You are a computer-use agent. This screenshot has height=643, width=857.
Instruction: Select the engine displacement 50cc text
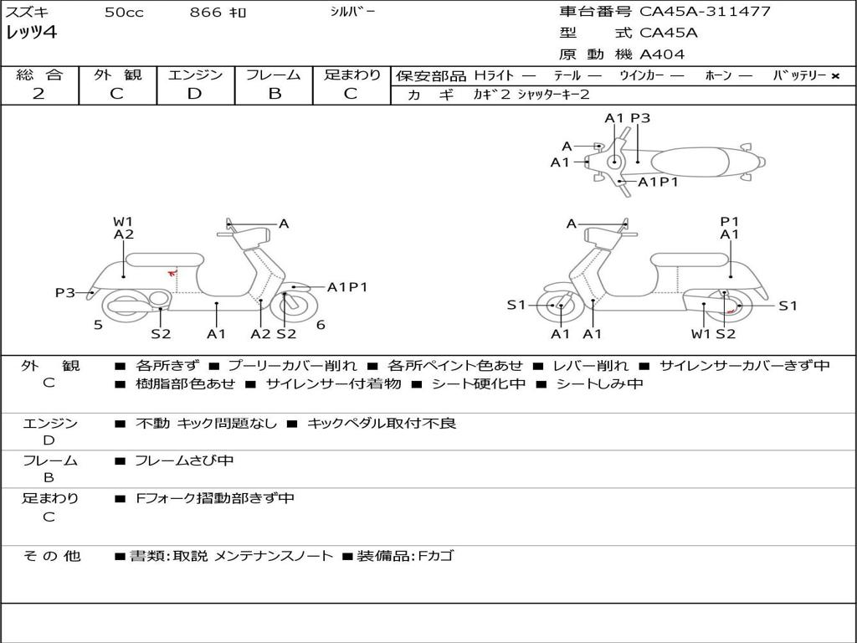pyautogui.click(x=124, y=13)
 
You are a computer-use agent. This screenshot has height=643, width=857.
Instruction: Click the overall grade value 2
pyautogui.click(x=38, y=94)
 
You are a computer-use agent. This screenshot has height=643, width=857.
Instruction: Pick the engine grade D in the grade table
pyautogui.click(x=194, y=94)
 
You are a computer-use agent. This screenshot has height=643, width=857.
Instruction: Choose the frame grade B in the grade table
pyautogui.click(x=275, y=94)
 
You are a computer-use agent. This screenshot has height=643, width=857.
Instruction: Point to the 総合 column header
pyautogui.click(x=39, y=75)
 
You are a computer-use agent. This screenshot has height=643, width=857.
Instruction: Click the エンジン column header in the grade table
pyautogui.click(x=195, y=75)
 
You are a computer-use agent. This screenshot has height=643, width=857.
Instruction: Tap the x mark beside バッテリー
pyautogui.click(x=834, y=76)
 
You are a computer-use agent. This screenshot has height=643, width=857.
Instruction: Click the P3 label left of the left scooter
pyautogui.click(x=65, y=292)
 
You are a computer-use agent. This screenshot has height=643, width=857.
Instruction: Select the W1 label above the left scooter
pyautogui.click(x=123, y=222)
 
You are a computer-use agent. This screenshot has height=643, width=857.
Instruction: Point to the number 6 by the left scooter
pyautogui.click(x=321, y=325)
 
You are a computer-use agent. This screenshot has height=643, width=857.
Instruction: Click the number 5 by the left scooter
pyautogui.click(x=98, y=325)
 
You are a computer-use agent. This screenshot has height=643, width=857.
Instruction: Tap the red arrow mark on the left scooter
pyautogui.click(x=172, y=271)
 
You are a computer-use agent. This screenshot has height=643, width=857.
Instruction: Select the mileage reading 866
pyautogui.click(x=206, y=13)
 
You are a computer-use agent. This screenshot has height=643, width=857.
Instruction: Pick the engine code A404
pyautogui.click(x=662, y=54)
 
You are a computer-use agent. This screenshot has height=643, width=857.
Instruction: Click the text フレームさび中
pyautogui.click(x=184, y=460)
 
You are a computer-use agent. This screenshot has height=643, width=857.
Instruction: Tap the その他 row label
pyautogui.click(x=51, y=556)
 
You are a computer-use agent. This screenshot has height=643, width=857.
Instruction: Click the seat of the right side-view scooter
pyautogui.click(x=688, y=260)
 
